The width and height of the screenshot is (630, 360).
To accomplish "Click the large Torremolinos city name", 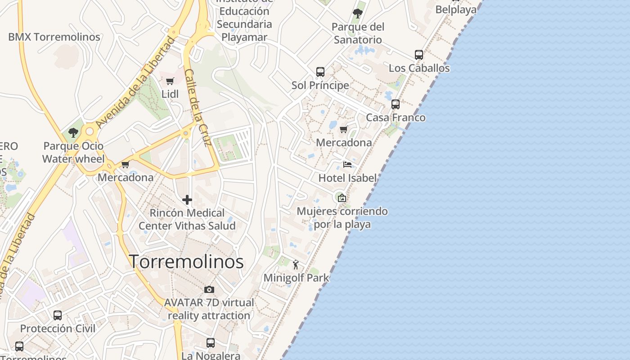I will tap(186, 262).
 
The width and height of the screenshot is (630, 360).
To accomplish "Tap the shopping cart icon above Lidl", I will tap(170, 81).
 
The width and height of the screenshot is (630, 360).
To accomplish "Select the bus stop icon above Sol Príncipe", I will tap(320, 72).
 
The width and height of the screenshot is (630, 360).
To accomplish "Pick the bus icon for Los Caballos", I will tap(419, 55).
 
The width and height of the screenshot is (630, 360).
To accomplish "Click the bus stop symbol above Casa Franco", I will tap(396, 104).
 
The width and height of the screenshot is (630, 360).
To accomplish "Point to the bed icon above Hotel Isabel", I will tap(347, 164).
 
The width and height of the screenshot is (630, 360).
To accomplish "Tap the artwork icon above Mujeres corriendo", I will tap(342, 198).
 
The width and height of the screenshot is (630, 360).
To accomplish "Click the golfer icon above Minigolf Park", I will tap(296, 265).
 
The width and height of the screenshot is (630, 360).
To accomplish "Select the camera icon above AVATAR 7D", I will tap(209, 289).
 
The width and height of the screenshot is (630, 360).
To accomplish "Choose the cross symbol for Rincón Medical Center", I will tap(187, 200).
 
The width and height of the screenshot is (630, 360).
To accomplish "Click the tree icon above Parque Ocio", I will tap(73, 133).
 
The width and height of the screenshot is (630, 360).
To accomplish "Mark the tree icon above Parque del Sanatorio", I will tap(358, 13).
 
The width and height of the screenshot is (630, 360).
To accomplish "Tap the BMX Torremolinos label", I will tap(54, 37).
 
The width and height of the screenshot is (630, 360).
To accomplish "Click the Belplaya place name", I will tap(456, 9).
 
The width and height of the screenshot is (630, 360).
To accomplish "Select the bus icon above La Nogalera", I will tap(211, 343).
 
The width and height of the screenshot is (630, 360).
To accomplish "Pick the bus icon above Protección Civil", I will tap(58, 315).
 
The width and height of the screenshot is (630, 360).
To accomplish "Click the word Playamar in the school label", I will tap(244, 37).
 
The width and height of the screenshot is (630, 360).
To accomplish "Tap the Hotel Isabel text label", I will tap(347, 178).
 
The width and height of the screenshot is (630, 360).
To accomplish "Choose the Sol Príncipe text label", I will tap(320, 85).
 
